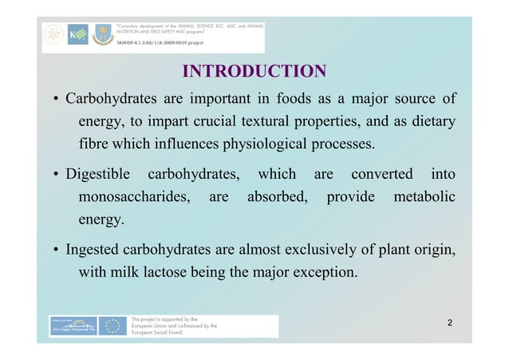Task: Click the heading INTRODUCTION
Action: pyautogui.click(x=254, y=71)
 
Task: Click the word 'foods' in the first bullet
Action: pyautogui.click(x=294, y=100)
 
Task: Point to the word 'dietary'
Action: pyautogui.click(x=428, y=122)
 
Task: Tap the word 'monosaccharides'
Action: pyautogui.click(x=132, y=196)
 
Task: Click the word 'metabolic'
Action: pyautogui.click(x=421, y=196)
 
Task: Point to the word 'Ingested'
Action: pyautogui.click(x=93, y=249)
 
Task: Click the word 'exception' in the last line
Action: pyautogui.click(x=320, y=271)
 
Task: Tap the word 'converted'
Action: pyautogui.click(x=381, y=174)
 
